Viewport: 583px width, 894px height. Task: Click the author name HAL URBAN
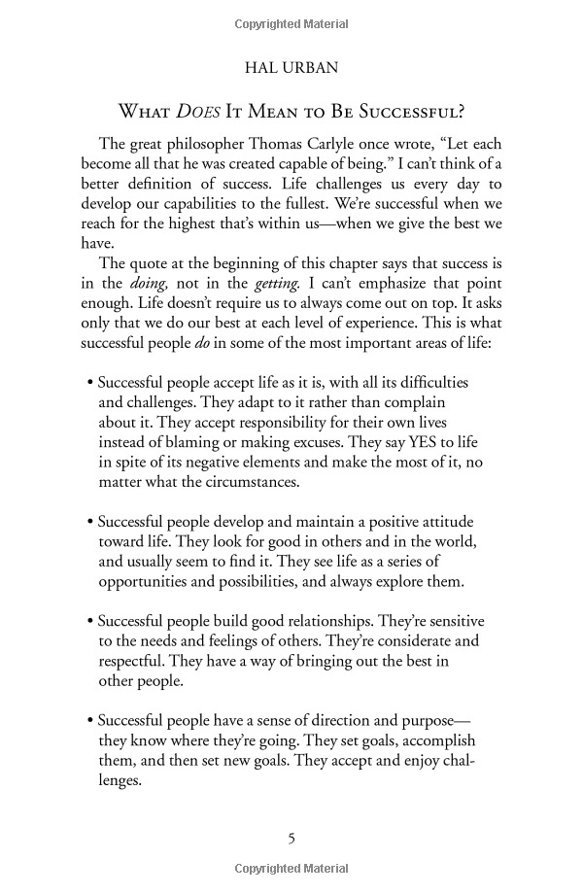tap(291, 70)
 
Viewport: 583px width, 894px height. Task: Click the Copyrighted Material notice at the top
tap(291, 20)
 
